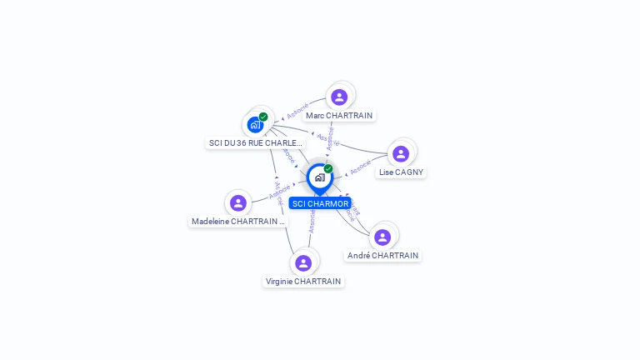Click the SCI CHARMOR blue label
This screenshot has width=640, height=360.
320,203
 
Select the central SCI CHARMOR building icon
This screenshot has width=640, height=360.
319,177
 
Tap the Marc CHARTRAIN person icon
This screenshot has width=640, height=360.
338,96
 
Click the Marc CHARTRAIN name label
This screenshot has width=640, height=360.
339,115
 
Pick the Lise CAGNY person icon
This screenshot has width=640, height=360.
401,153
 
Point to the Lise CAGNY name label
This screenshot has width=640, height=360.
401,172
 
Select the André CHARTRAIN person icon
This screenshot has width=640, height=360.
382,237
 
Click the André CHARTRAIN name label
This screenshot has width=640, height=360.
382,255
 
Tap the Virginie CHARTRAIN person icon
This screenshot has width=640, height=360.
303,262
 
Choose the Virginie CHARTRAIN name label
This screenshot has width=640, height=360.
303,281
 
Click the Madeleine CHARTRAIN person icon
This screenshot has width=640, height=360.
238,202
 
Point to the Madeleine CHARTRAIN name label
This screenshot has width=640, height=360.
238,221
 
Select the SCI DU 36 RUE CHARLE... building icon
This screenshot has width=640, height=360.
255,125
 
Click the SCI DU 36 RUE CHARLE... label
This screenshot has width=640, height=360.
256,142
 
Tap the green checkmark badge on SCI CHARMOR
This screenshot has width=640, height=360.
328,168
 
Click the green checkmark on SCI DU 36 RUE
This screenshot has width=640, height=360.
263,117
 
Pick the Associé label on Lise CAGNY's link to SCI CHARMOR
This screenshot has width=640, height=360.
360,167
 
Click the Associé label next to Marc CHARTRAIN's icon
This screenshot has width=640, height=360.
297,110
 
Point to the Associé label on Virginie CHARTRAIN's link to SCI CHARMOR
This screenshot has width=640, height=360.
312,221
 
